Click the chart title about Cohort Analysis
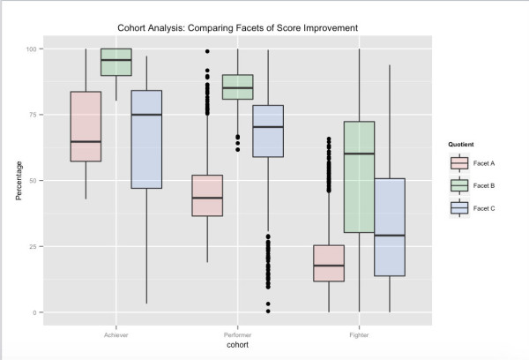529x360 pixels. tap(237, 27)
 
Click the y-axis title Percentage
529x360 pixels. tap(19, 180)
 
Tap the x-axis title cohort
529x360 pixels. tap(237, 347)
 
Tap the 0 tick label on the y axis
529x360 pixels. tap(33, 312)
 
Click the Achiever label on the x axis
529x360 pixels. tap(115, 335)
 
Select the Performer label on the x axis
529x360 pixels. tap(237, 335)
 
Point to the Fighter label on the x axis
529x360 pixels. tap(359, 335)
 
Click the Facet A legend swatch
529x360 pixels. tap(459, 163)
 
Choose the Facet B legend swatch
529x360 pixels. tap(459, 185)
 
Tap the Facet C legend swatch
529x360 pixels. tap(459, 208)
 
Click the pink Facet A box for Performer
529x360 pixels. tap(207, 195)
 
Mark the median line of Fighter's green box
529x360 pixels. tap(359, 154)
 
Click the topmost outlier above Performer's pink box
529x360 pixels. tap(207, 52)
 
